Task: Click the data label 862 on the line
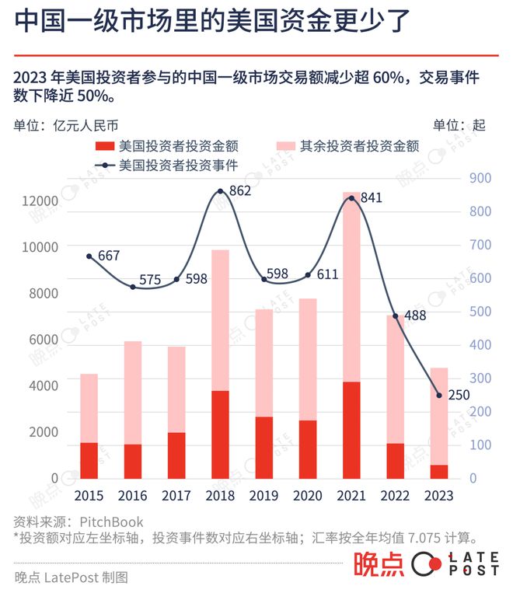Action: [x=241, y=190]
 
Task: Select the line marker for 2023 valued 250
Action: [x=439, y=396]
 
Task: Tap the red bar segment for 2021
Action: [x=351, y=430]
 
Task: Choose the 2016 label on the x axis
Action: [x=132, y=495]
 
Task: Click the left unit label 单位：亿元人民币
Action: [x=66, y=124]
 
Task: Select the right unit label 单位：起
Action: [x=459, y=124]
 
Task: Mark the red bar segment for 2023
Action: [x=439, y=471]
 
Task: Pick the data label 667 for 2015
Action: [x=109, y=256]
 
